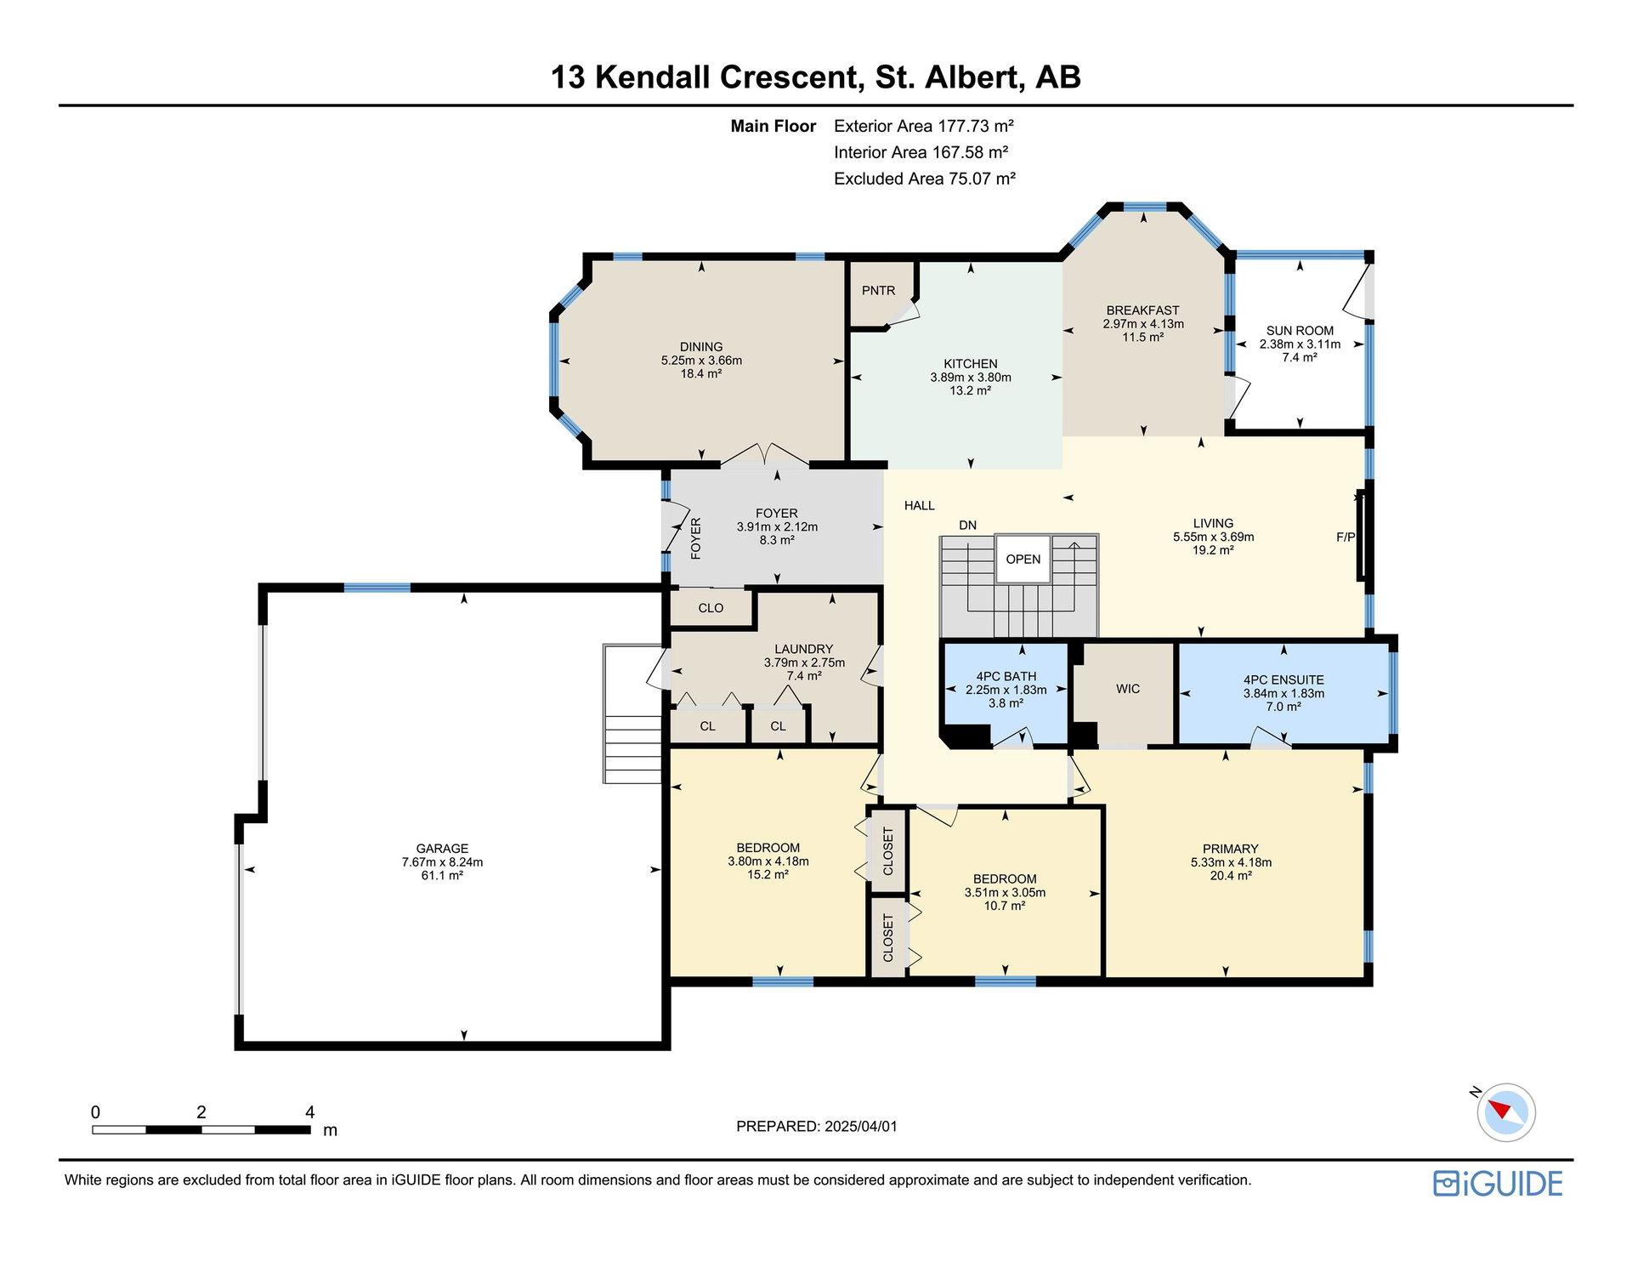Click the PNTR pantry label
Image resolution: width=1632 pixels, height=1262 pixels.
tap(878, 291)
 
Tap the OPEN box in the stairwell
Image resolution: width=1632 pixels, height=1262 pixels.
tap(1023, 559)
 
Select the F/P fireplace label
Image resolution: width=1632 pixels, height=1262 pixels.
tap(1346, 537)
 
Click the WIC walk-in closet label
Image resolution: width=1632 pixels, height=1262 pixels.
tap(1128, 689)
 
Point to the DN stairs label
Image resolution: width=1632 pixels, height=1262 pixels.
tap(968, 526)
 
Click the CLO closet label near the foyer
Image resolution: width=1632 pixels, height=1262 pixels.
tap(711, 608)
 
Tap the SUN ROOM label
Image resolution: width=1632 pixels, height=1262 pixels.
tap(1300, 331)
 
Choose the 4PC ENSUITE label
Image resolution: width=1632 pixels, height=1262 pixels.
tap(1283, 680)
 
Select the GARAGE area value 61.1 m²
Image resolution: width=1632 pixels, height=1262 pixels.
tap(442, 875)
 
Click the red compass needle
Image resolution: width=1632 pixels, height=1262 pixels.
tap(1501, 1108)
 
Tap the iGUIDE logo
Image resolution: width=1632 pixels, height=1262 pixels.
tap(1498, 1184)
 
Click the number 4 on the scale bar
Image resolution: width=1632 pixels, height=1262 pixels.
tap(309, 1112)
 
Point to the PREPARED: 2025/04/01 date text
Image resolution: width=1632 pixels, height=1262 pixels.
tap(817, 1127)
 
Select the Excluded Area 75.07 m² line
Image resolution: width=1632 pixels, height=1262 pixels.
tap(925, 179)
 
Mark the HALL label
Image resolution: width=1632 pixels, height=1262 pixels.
tap(920, 506)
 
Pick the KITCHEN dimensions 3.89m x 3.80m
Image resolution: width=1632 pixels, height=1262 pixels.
tap(971, 378)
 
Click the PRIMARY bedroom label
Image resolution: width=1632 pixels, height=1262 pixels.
tap(1230, 849)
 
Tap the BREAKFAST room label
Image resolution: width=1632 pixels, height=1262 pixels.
tap(1143, 310)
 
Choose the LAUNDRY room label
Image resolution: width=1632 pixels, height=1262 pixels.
tap(804, 649)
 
